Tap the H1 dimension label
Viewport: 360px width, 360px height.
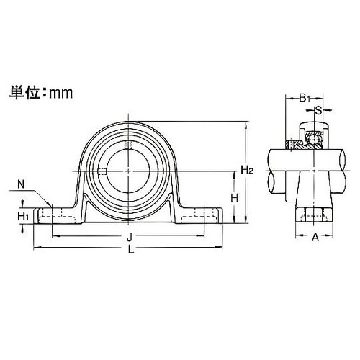point(23,215)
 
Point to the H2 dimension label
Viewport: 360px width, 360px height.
point(246,170)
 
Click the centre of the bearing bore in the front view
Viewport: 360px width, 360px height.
point(127,171)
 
